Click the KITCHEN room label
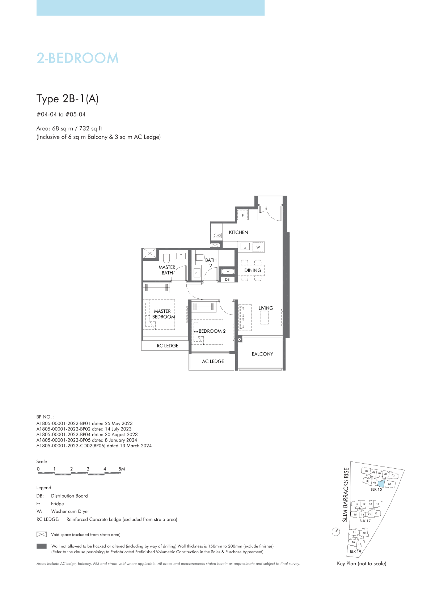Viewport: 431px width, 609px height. click(238, 232)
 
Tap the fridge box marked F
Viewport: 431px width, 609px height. click(242, 215)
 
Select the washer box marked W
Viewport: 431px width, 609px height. click(258, 247)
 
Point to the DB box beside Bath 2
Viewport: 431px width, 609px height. click(227, 279)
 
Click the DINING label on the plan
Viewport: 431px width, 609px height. click(253, 270)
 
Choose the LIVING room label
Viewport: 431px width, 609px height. click(266, 308)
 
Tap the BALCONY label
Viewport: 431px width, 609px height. click(262, 354)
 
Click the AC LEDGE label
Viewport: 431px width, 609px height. click(213, 361)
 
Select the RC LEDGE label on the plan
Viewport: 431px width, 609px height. click(167, 346)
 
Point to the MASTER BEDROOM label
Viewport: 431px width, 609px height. click(163, 314)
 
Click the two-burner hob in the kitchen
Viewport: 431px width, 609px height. click(217, 235)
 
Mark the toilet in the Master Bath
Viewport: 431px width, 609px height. click(166, 259)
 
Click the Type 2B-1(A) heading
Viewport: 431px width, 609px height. click(67, 99)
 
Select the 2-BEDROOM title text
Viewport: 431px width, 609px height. click(77, 58)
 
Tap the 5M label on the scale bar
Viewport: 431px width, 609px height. click(122, 469)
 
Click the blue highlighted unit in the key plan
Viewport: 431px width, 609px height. click(381, 484)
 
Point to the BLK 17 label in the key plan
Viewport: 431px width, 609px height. click(365, 521)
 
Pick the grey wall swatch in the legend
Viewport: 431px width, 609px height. click(41, 546)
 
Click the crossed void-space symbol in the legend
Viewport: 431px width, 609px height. click(41, 535)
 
